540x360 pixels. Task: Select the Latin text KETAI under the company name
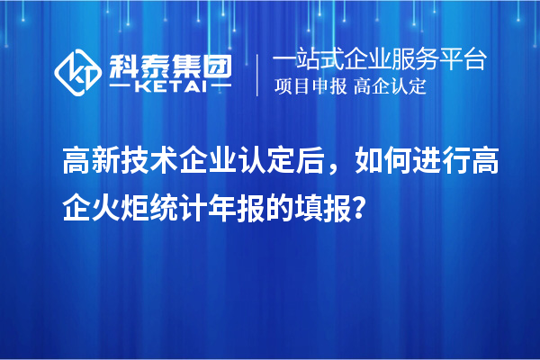tap(170, 87)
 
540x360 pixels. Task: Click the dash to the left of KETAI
tap(122, 87)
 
